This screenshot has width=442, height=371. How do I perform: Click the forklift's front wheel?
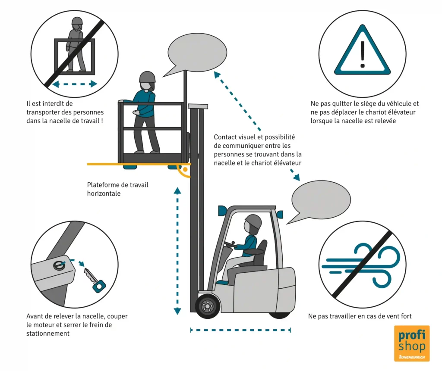pyautogui.click(x=208, y=306)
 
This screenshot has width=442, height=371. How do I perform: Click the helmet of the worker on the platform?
pyautogui.click(x=147, y=77)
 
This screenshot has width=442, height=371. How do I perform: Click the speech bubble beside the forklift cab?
pyautogui.click(x=320, y=200)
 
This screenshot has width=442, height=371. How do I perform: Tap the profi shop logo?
pyautogui.click(x=412, y=343)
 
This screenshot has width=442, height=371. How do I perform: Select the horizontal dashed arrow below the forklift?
pyautogui.click(x=240, y=330)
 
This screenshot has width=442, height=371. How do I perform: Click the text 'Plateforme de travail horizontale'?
pyautogui.click(x=117, y=189)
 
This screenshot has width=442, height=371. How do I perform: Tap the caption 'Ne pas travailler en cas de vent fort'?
pyautogui.click(x=360, y=316)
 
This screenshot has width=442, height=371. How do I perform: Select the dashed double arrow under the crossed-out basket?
pyautogui.click(x=74, y=84)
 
